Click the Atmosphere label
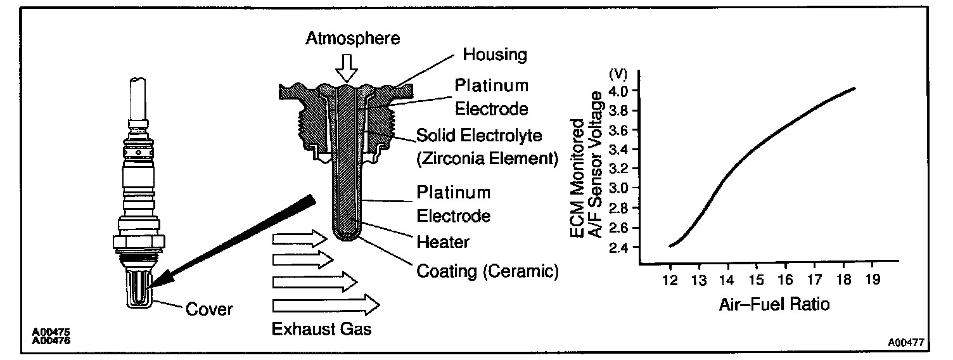click(353, 39)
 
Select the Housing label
click(494, 55)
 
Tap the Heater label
click(442, 241)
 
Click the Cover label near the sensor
click(209, 310)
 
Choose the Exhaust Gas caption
click(321, 330)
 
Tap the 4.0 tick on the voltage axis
click(619, 91)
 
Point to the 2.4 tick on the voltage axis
click(619, 247)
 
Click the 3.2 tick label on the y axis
click(619, 169)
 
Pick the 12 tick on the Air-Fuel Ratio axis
click(670, 279)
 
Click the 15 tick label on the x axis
click(755, 279)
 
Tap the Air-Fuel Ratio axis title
click(774, 304)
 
